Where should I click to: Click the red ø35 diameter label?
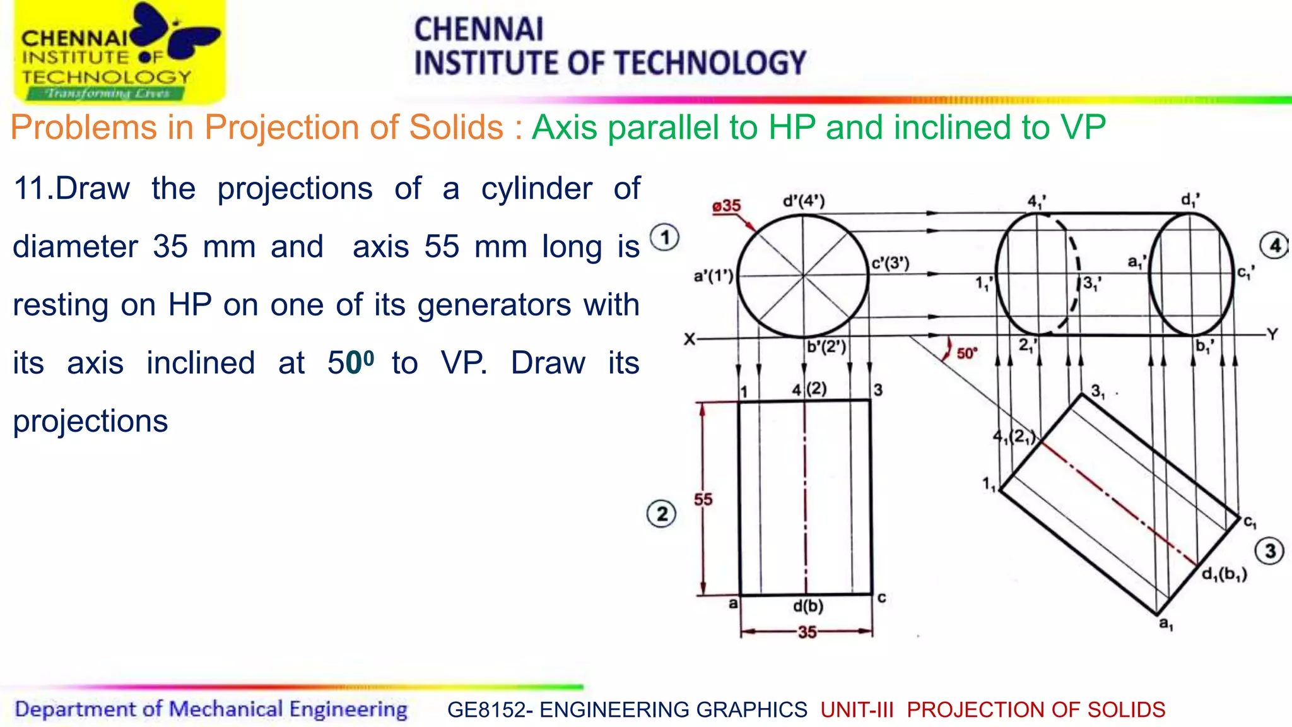[727, 206]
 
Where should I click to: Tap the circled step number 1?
[665, 238]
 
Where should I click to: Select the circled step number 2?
[661, 514]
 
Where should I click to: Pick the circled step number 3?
[1270, 551]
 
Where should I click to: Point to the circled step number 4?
[1274, 245]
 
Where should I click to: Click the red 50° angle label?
[966, 353]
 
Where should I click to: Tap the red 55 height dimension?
[703, 500]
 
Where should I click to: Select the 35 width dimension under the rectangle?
[807, 632]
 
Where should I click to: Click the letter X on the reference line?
[690, 340]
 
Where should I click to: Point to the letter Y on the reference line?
[1272, 334]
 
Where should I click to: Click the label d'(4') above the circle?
[803, 201]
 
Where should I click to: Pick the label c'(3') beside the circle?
[890, 263]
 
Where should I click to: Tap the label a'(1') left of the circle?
[714, 276]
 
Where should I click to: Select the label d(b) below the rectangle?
[808, 606]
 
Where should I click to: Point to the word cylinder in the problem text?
[536, 189]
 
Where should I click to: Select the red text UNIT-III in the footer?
[857, 710]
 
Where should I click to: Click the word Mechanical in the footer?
[226, 709]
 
